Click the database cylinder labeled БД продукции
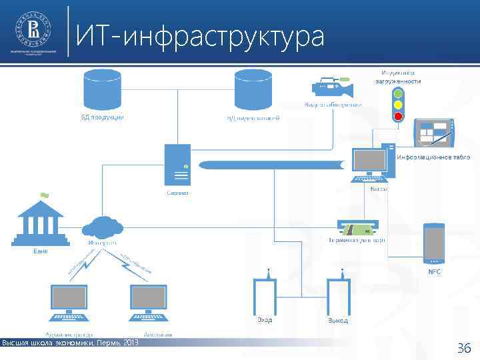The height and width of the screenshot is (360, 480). tap(98, 89)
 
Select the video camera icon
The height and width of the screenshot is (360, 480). tap(331, 87)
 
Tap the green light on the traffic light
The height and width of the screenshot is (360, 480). tap(398, 94)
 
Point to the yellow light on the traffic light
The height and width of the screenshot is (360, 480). tap(398, 105)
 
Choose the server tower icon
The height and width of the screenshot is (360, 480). tap(178, 165)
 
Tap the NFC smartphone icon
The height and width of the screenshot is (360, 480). tap(435, 242)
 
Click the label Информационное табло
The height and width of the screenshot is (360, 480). tap(434, 157)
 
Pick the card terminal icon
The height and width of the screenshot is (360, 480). tap(357, 227)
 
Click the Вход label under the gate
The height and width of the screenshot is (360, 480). tap(265, 321)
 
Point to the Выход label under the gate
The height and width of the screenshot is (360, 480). tap(337, 321)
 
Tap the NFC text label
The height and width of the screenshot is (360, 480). tap(435, 272)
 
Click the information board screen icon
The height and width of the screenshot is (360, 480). tap(433, 133)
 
